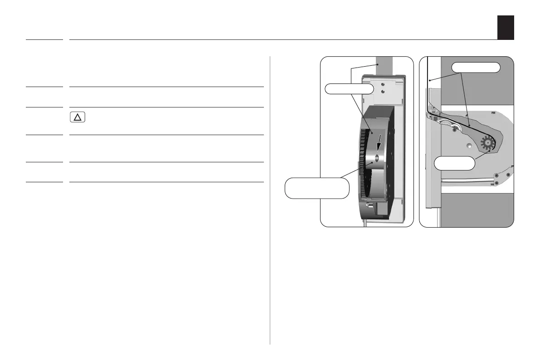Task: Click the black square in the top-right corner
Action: (505, 27)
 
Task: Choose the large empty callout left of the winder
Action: (317, 188)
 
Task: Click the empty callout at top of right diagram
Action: (476, 67)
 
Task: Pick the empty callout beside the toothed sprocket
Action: (454, 163)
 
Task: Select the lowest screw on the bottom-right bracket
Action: (496, 182)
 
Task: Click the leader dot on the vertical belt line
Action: (429, 80)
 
